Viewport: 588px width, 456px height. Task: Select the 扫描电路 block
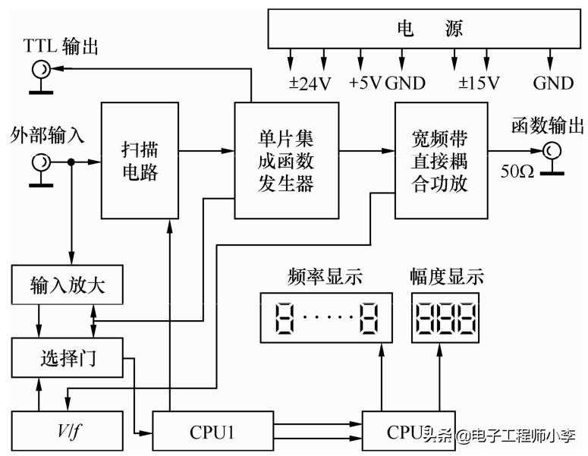[140, 159]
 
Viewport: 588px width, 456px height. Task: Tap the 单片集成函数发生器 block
[285, 160]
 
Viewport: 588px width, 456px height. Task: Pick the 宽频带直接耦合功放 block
[439, 160]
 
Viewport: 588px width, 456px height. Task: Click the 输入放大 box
[68, 285]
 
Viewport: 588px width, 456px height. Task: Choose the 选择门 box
[68, 357]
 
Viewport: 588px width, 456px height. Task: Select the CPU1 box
[212, 432]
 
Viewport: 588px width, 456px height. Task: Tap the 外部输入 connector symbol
[40, 162]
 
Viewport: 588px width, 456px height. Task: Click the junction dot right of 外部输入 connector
[71, 162]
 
